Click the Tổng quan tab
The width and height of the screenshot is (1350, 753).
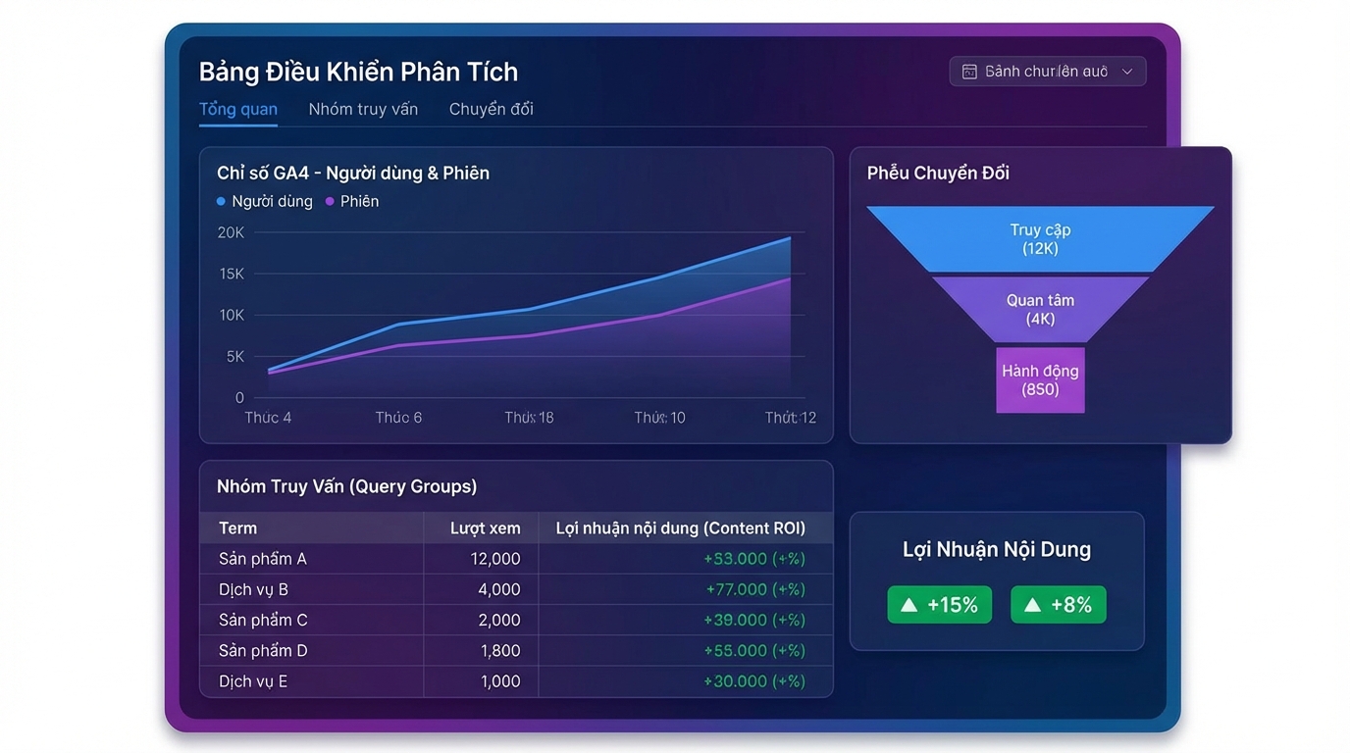(x=237, y=109)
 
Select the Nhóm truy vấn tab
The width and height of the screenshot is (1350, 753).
(x=363, y=109)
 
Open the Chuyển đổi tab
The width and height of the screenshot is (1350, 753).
(x=491, y=109)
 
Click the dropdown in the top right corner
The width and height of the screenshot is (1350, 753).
(x=1047, y=72)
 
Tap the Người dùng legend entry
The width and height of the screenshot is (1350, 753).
(x=264, y=201)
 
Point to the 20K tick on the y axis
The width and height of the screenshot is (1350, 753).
(x=231, y=232)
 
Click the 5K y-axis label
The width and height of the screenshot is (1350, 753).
(x=234, y=357)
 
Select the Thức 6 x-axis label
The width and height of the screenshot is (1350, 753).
(x=398, y=418)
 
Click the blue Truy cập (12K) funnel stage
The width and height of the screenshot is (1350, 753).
(x=1040, y=239)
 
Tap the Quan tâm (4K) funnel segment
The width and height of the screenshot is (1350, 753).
(x=1040, y=309)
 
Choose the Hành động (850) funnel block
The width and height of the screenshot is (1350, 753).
(x=1040, y=379)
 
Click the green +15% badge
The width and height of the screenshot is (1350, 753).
(x=939, y=605)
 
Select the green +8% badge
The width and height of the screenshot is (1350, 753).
(x=1058, y=605)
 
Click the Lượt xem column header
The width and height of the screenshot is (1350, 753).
(x=485, y=528)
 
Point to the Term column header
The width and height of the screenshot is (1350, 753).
(x=237, y=528)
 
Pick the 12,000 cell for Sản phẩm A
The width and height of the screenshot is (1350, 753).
(x=495, y=559)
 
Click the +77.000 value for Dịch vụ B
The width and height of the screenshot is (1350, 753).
(x=754, y=589)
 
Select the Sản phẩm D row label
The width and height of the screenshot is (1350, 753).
(x=263, y=650)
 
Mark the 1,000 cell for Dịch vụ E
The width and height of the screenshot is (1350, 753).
(x=499, y=681)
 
